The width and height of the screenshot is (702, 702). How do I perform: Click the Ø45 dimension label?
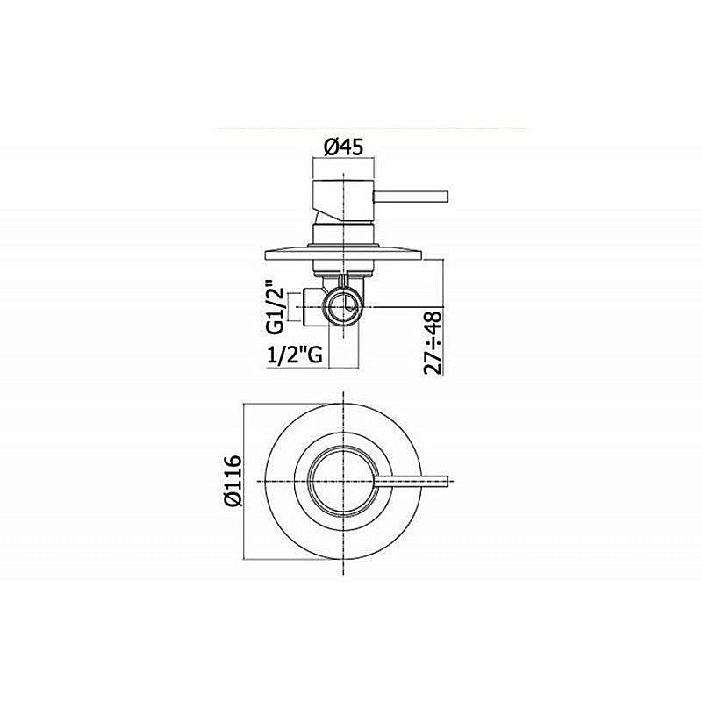(x=344, y=147)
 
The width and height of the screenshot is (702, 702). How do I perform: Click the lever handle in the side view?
(x=412, y=192)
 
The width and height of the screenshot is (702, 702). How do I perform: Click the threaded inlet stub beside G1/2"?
(x=310, y=307)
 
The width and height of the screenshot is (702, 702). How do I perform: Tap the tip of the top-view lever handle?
(x=448, y=479)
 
